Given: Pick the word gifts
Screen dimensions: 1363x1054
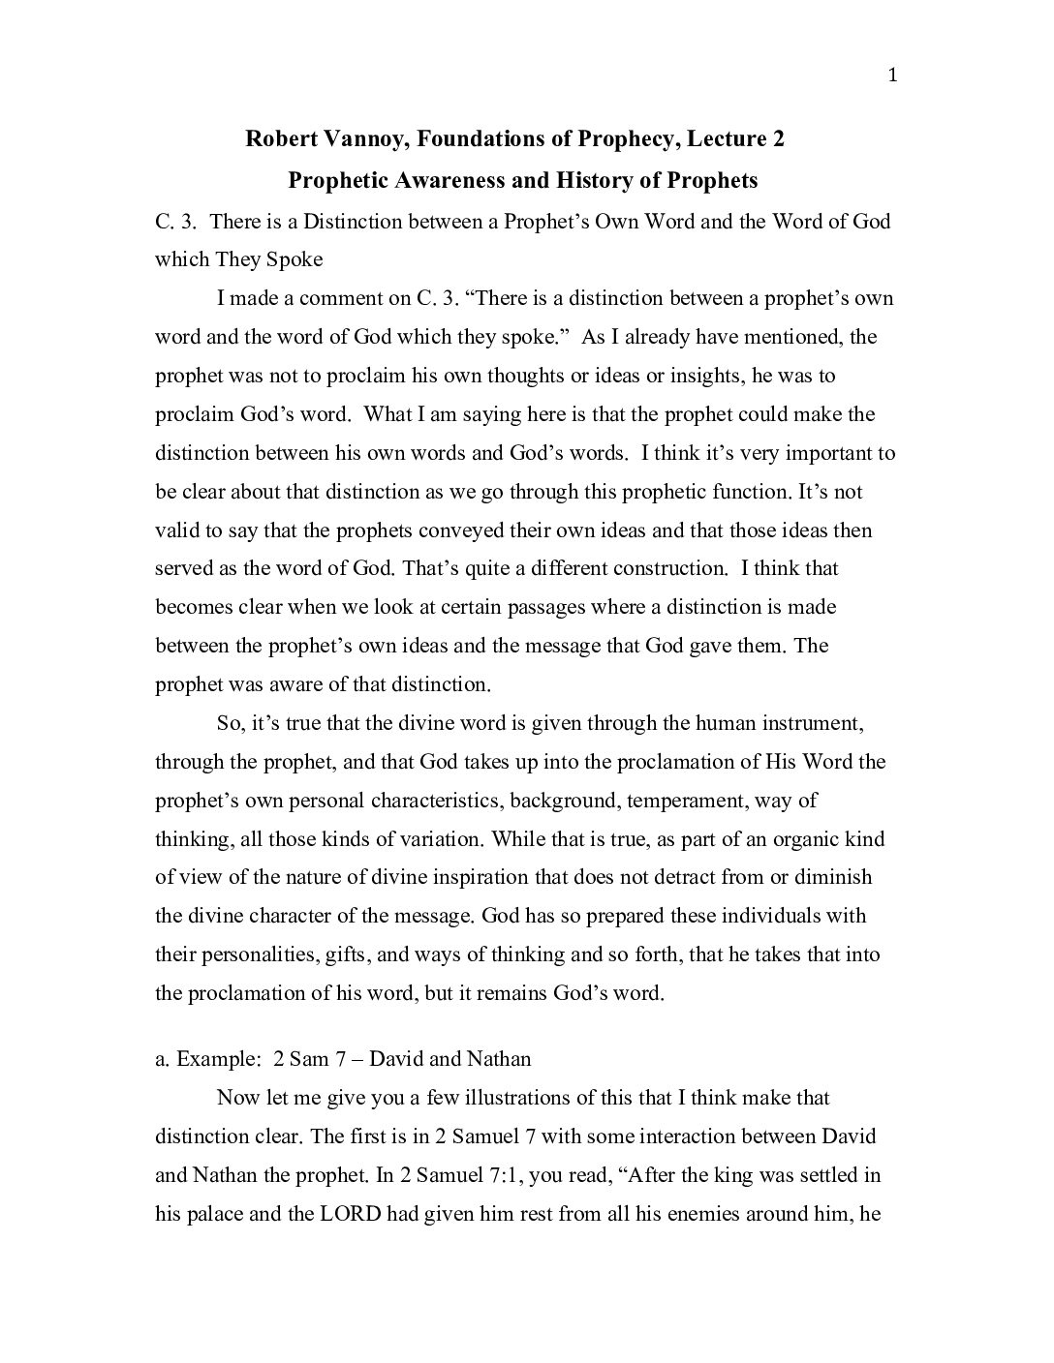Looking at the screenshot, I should pyautogui.click(x=347, y=955).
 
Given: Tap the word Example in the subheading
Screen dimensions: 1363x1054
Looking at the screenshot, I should pyautogui.click(x=216, y=1059).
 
